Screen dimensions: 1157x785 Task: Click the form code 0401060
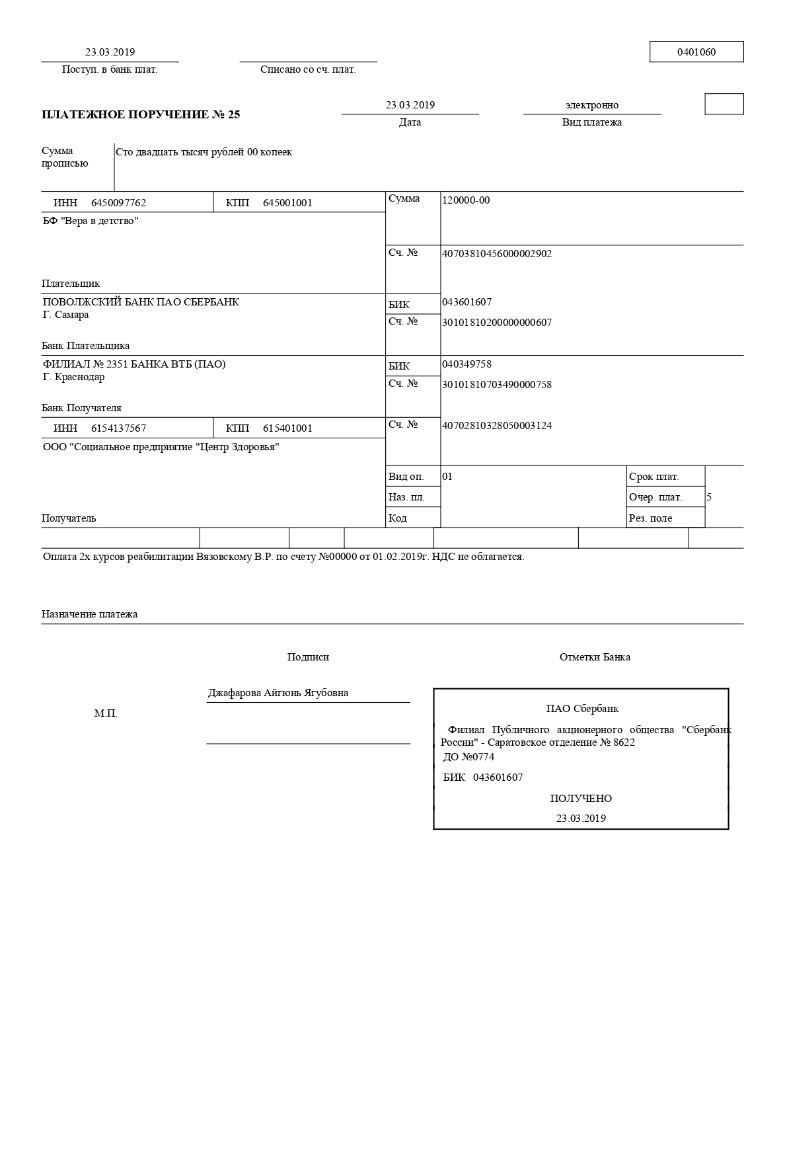[696, 52]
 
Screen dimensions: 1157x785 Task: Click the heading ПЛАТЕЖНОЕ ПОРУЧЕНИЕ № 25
[141, 114]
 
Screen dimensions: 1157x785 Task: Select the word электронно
[591, 105]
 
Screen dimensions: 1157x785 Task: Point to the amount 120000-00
[466, 200]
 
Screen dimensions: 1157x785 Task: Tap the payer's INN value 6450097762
[118, 203]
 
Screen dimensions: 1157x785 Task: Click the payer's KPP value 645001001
[287, 203]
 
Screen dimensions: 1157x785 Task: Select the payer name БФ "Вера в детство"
[91, 221]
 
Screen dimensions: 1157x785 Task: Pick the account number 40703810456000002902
[496, 254]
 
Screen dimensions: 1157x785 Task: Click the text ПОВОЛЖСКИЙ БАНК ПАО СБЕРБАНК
[141, 302]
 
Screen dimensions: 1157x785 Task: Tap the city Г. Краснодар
[73, 377]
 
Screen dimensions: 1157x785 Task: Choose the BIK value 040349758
[467, 364]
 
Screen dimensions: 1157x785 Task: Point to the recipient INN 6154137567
[118, 428]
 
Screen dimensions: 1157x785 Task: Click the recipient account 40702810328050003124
[496, 426]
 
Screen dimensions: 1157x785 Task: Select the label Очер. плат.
[655, 497]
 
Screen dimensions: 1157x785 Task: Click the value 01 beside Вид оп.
[447, 477]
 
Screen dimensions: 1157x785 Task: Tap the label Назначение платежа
[89, 614]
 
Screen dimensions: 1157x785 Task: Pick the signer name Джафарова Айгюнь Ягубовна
[278, 693]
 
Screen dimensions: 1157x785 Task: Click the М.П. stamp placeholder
[106, 714]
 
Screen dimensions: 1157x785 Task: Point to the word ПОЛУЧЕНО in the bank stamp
[581, 799]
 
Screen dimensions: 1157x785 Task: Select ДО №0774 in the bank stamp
[468, 757]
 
